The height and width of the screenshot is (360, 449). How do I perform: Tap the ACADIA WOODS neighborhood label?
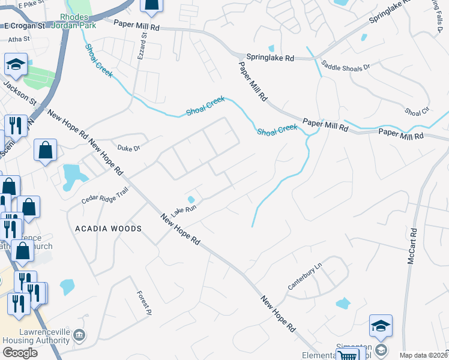(108, 229)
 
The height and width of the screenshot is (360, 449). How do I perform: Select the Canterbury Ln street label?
(305, 276)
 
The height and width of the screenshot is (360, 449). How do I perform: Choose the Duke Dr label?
(128, 148)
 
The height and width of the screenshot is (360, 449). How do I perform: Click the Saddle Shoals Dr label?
(346, 65)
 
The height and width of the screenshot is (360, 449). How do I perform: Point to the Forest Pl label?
(142, 299)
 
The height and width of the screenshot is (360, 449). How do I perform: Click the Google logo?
(20, 353)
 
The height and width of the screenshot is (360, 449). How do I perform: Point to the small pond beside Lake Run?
(191, 199)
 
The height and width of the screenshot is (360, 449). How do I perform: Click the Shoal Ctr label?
(417, 112)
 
